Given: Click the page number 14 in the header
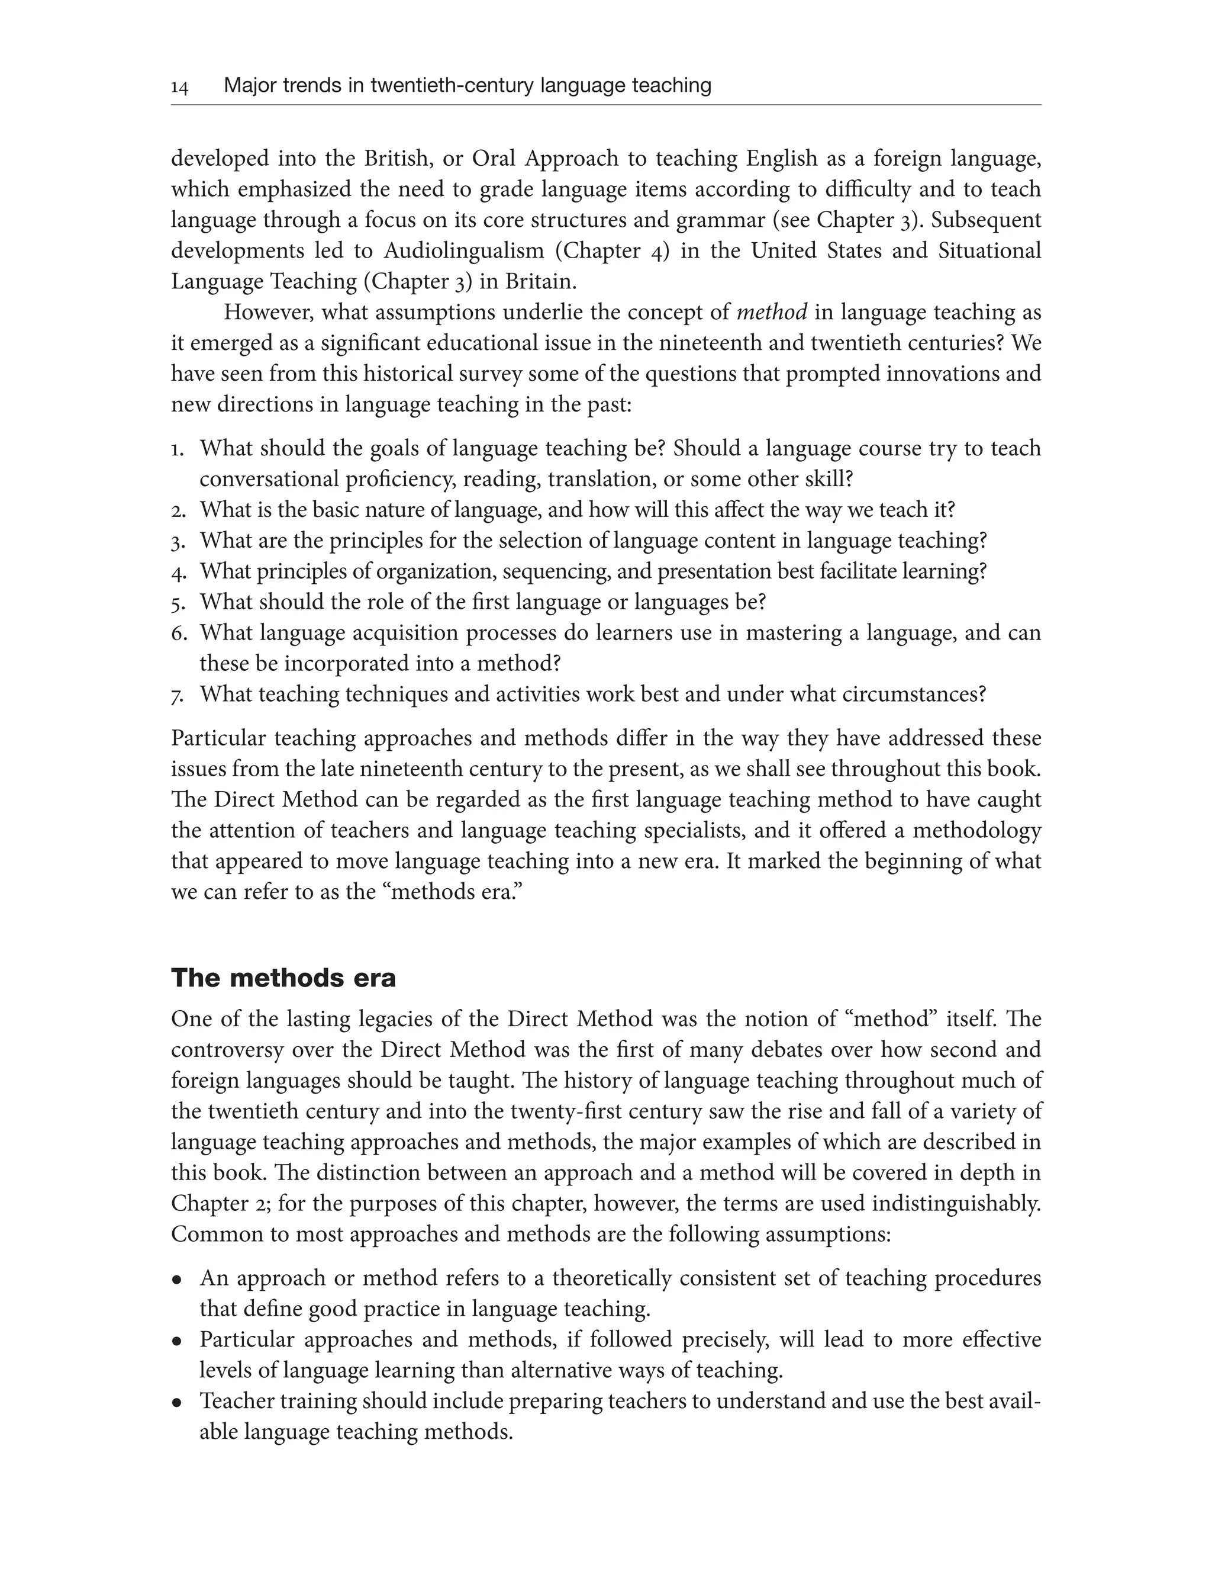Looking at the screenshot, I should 180,88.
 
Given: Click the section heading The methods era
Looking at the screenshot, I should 283,978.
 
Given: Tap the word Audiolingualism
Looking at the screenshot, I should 463,250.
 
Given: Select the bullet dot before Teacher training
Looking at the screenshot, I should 177,1403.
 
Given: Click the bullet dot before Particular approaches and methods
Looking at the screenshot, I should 177,1341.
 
